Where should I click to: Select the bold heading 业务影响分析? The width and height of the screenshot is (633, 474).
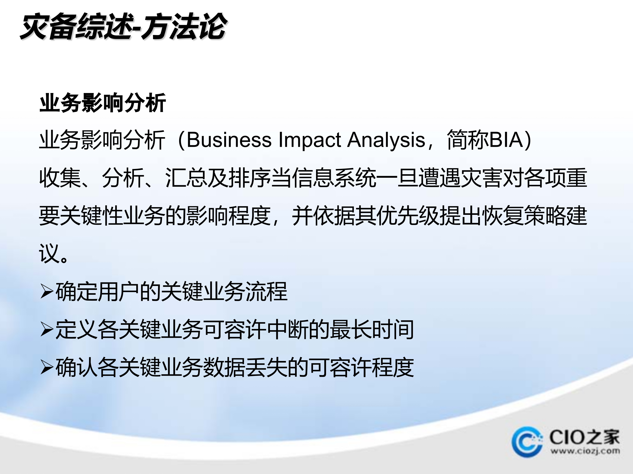click(102, 103)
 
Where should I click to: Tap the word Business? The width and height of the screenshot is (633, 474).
click(229, 140)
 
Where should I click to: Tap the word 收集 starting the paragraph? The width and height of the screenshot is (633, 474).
click(60, 178)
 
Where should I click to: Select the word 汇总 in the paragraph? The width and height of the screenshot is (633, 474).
click(186, 178)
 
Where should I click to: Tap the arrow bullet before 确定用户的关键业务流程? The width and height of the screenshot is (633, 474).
click(47, 291)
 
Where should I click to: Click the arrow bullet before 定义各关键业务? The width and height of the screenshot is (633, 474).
click(47, 329)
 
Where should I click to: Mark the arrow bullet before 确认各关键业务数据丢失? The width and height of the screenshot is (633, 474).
click(47, 367)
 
